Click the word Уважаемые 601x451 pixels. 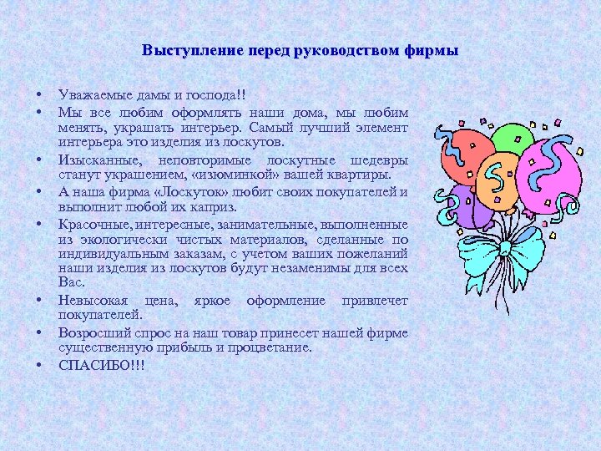(93, 97)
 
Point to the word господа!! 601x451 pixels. (227, 97)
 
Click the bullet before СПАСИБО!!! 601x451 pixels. (40, 365)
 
